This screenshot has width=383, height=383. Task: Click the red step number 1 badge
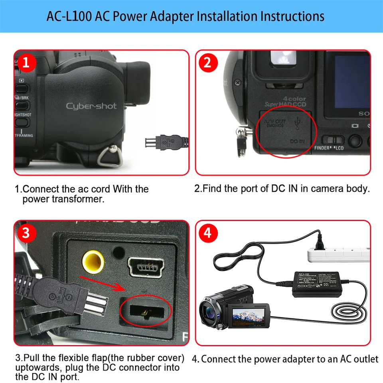click(26, 63)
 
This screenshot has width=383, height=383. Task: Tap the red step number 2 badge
click(207, 63)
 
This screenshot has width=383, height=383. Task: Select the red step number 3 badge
click(26, 233)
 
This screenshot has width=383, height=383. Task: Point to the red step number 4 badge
click(207, 233)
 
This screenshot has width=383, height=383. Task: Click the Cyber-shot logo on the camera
click(91, 106)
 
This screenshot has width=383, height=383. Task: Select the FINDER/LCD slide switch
click(333, 140)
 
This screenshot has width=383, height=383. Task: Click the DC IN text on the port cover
click(296, 141)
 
